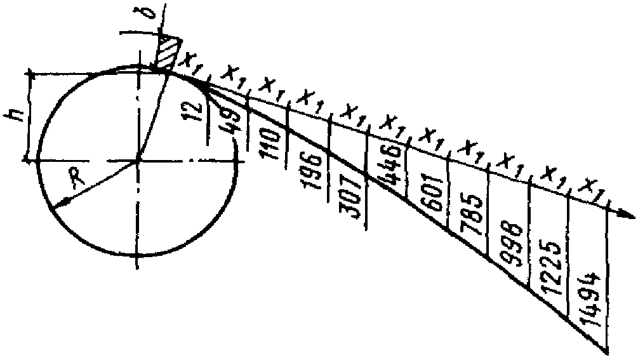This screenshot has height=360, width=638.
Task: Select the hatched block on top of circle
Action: tap(166, 53)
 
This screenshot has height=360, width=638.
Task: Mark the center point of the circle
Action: tap(136, 161)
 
